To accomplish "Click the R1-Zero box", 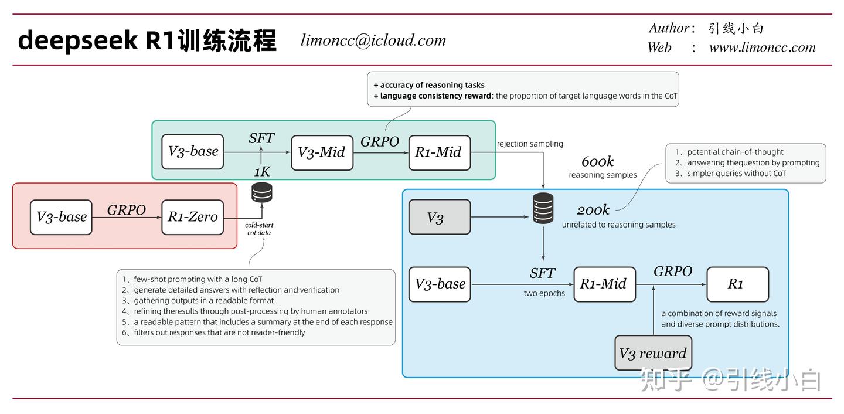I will pyautogui.click(x=192, y=217).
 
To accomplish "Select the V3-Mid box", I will pyautogui.click(x=322, y=152).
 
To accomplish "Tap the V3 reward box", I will pyautogui.click(x=653, y=353).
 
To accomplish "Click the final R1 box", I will pyautogui.click(x=737, y=284).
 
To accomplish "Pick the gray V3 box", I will pyautogui.click(x=439, y=218).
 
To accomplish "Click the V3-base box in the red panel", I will pyautogui.click(x=61, y=217).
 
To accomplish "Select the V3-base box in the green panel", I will pyautogui.click(x=192, y=152).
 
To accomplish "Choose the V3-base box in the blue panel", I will pyautogui.click(x=439, y=284).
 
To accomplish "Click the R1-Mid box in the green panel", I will pyautogui.click(x=439, y=152).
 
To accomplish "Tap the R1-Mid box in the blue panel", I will pyautogui.click(x=604, y=284).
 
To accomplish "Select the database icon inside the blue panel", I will pyautogui.click(x=543, y=208).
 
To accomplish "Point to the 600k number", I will pyautogui.click(x=597, y=162).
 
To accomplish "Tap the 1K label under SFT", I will pyautogui.click(x=262, y=172).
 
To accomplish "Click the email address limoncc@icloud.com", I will pyautogui.click(x=373, y=40).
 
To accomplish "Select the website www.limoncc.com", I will pyautogui.click(x=762, y=47).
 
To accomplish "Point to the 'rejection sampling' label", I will pyautogui.click(x=530, y=144).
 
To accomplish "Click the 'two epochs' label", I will pyautogui.click(x=544, y=293).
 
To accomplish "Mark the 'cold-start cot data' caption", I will pyautogui.click(x=259, y=229).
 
